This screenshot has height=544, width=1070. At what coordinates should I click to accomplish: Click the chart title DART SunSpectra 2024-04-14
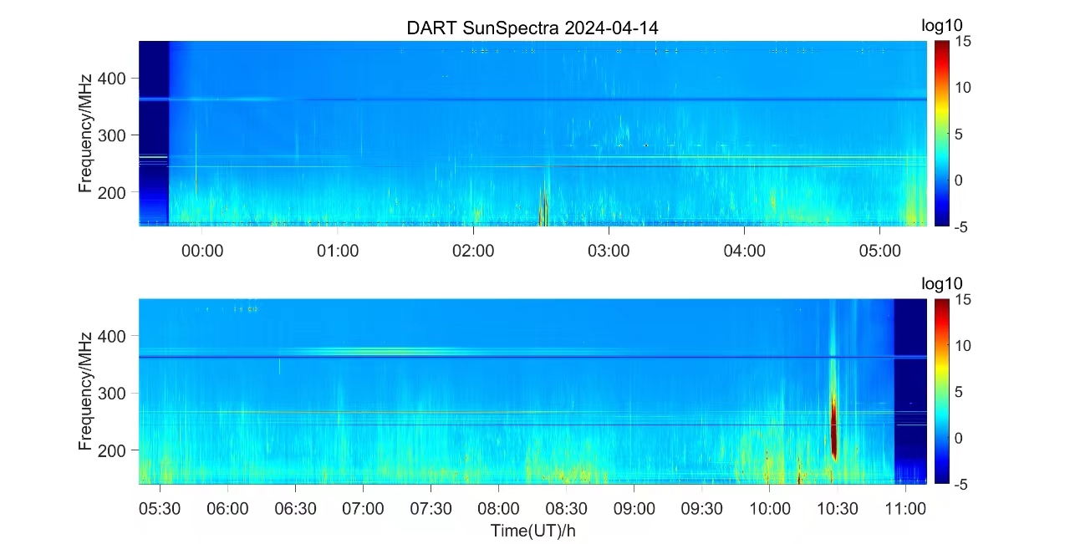click(532, 28)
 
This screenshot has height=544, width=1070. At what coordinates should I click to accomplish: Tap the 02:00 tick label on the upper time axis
click(473, 251)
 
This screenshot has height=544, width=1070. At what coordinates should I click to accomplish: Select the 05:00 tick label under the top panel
click(879, 251)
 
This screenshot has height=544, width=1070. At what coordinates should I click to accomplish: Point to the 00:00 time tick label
click(202, 251)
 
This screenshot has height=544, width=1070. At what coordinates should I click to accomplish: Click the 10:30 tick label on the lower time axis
click(838, 508)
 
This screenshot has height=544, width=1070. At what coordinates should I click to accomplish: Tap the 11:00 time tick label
click(905, 508)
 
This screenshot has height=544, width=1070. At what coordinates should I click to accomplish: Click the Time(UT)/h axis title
click(532, 530)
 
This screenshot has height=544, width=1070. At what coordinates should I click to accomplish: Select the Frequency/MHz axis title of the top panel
click(85, 133)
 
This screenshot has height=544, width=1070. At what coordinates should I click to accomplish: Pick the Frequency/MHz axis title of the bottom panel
click(85, 390)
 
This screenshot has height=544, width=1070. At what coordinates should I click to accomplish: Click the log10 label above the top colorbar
click(942, 26)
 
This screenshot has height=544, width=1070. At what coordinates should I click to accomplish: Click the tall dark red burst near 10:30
click(833, 422)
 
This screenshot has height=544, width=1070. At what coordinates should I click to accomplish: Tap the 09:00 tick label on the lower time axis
click(634, 508)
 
